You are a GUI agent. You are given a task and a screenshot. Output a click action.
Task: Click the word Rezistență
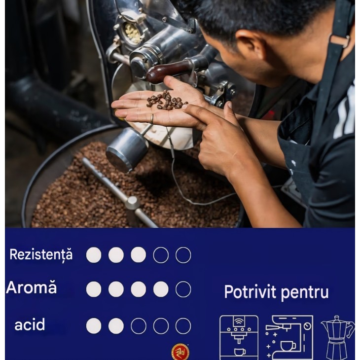[x=41, y=254]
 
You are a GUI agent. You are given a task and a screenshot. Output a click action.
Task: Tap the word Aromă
[x=31, y=288]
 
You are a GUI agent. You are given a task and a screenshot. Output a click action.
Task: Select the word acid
[x=30, y=324]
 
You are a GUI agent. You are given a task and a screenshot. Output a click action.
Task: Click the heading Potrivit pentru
[x=276, y=292]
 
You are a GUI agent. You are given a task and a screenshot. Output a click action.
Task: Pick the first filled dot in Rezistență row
[x=94, y=255]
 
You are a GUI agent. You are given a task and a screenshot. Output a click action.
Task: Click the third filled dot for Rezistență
[x=138, y=255]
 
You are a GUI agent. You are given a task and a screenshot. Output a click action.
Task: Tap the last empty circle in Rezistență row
[x=183, y=255]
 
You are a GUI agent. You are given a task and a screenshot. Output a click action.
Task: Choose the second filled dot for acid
[x=116, y=325]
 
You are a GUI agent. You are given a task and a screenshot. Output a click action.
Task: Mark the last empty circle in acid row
[x=183, y=325]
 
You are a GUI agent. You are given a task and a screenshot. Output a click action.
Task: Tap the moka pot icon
[x=337, y=337]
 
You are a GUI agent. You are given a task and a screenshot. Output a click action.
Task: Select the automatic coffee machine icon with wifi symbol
[x=239, y=337]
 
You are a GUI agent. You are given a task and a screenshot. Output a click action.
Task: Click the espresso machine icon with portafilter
[x=289, y=337]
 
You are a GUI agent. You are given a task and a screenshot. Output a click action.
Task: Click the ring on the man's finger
[x=152, y=118]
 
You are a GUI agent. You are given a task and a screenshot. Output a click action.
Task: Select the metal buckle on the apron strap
[x=338, y=39]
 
